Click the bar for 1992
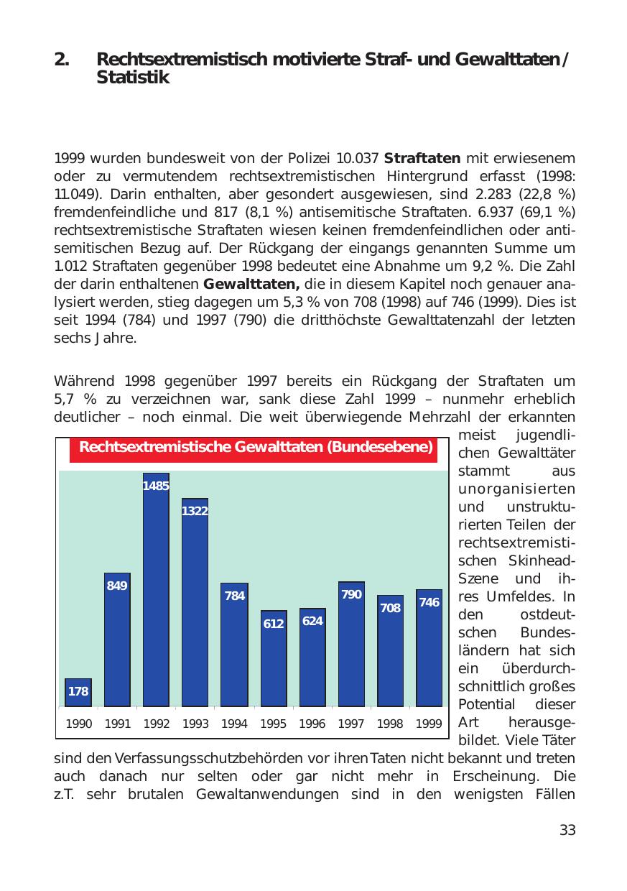[156, 589]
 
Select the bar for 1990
[78, 693]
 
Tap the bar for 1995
[273, 658]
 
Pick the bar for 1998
[390, 650]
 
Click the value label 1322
[195, 511]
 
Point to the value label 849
[117, 586]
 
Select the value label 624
[312, 621]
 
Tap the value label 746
[429, 602]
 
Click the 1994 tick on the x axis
[234, 724]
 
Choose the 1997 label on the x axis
[350, 724]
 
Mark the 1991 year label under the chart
[117, 724]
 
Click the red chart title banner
[256, 448]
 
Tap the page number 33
[567, 831]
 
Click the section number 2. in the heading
[62, 60]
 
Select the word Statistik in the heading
[133, 78]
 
